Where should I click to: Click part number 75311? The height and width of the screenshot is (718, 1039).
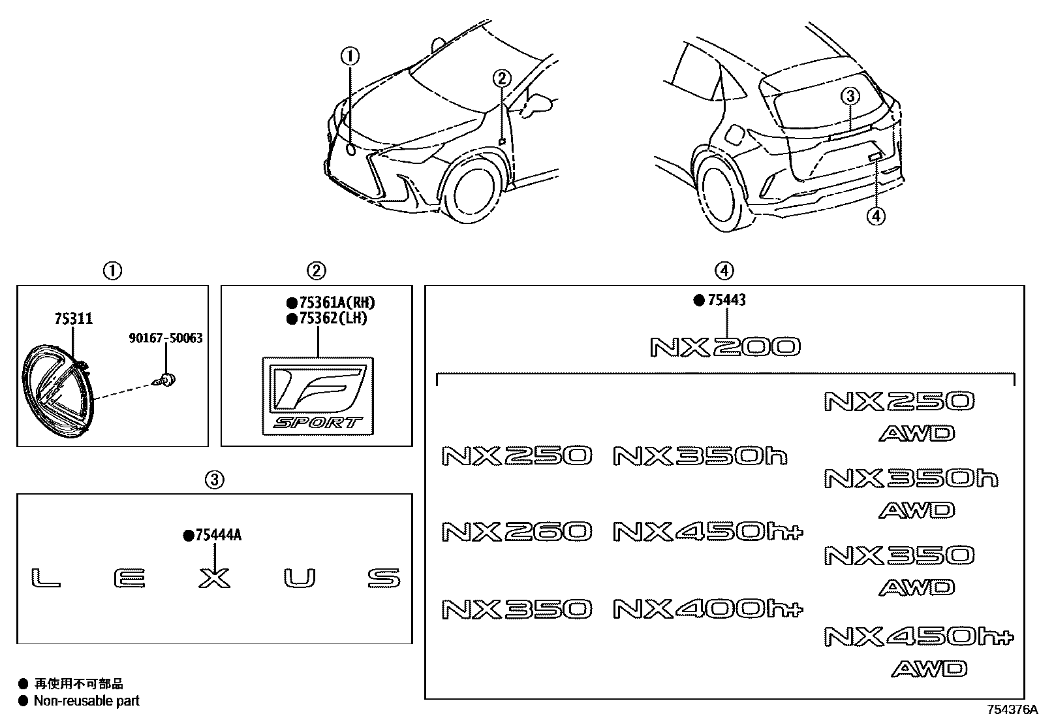[x=73, y=319]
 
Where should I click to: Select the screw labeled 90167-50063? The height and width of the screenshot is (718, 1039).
[x=168, y=378]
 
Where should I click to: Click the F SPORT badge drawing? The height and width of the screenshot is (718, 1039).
[x=318, y=396]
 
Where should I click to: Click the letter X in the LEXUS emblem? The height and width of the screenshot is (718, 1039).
[x=215, y=578]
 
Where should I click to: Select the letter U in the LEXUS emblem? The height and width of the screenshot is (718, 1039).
[x=300, y=578]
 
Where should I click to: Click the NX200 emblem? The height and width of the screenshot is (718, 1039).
[x=725, y=347]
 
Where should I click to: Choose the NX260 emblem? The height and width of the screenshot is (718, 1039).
[x=517, y=531]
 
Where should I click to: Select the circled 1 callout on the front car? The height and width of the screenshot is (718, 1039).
[x=350, y=56]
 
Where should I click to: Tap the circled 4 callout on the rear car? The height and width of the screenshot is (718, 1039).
[x=875, y=215]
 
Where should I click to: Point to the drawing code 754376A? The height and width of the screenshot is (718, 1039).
[x=1011, y=710]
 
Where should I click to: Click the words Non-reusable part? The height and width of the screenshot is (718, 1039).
[x=86, y=701]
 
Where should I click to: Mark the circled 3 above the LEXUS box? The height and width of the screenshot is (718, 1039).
[x=215, y=480]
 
